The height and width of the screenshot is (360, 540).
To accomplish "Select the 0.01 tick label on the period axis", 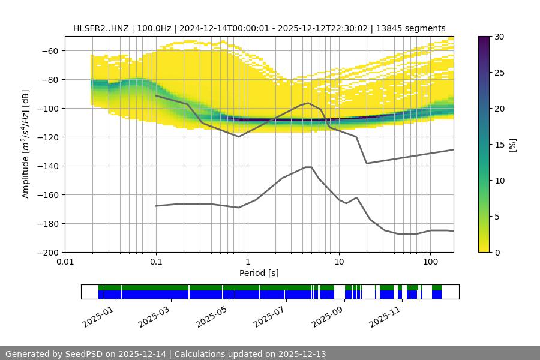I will (x=65, y=262).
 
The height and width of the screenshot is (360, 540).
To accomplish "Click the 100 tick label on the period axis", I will (x=430, y=262).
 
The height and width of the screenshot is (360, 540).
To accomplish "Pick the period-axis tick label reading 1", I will (x=247, y=262).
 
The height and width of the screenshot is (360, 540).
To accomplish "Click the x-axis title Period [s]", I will (x=259, y=273).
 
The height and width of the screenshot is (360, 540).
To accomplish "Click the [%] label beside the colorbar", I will (x=512, y=145).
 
